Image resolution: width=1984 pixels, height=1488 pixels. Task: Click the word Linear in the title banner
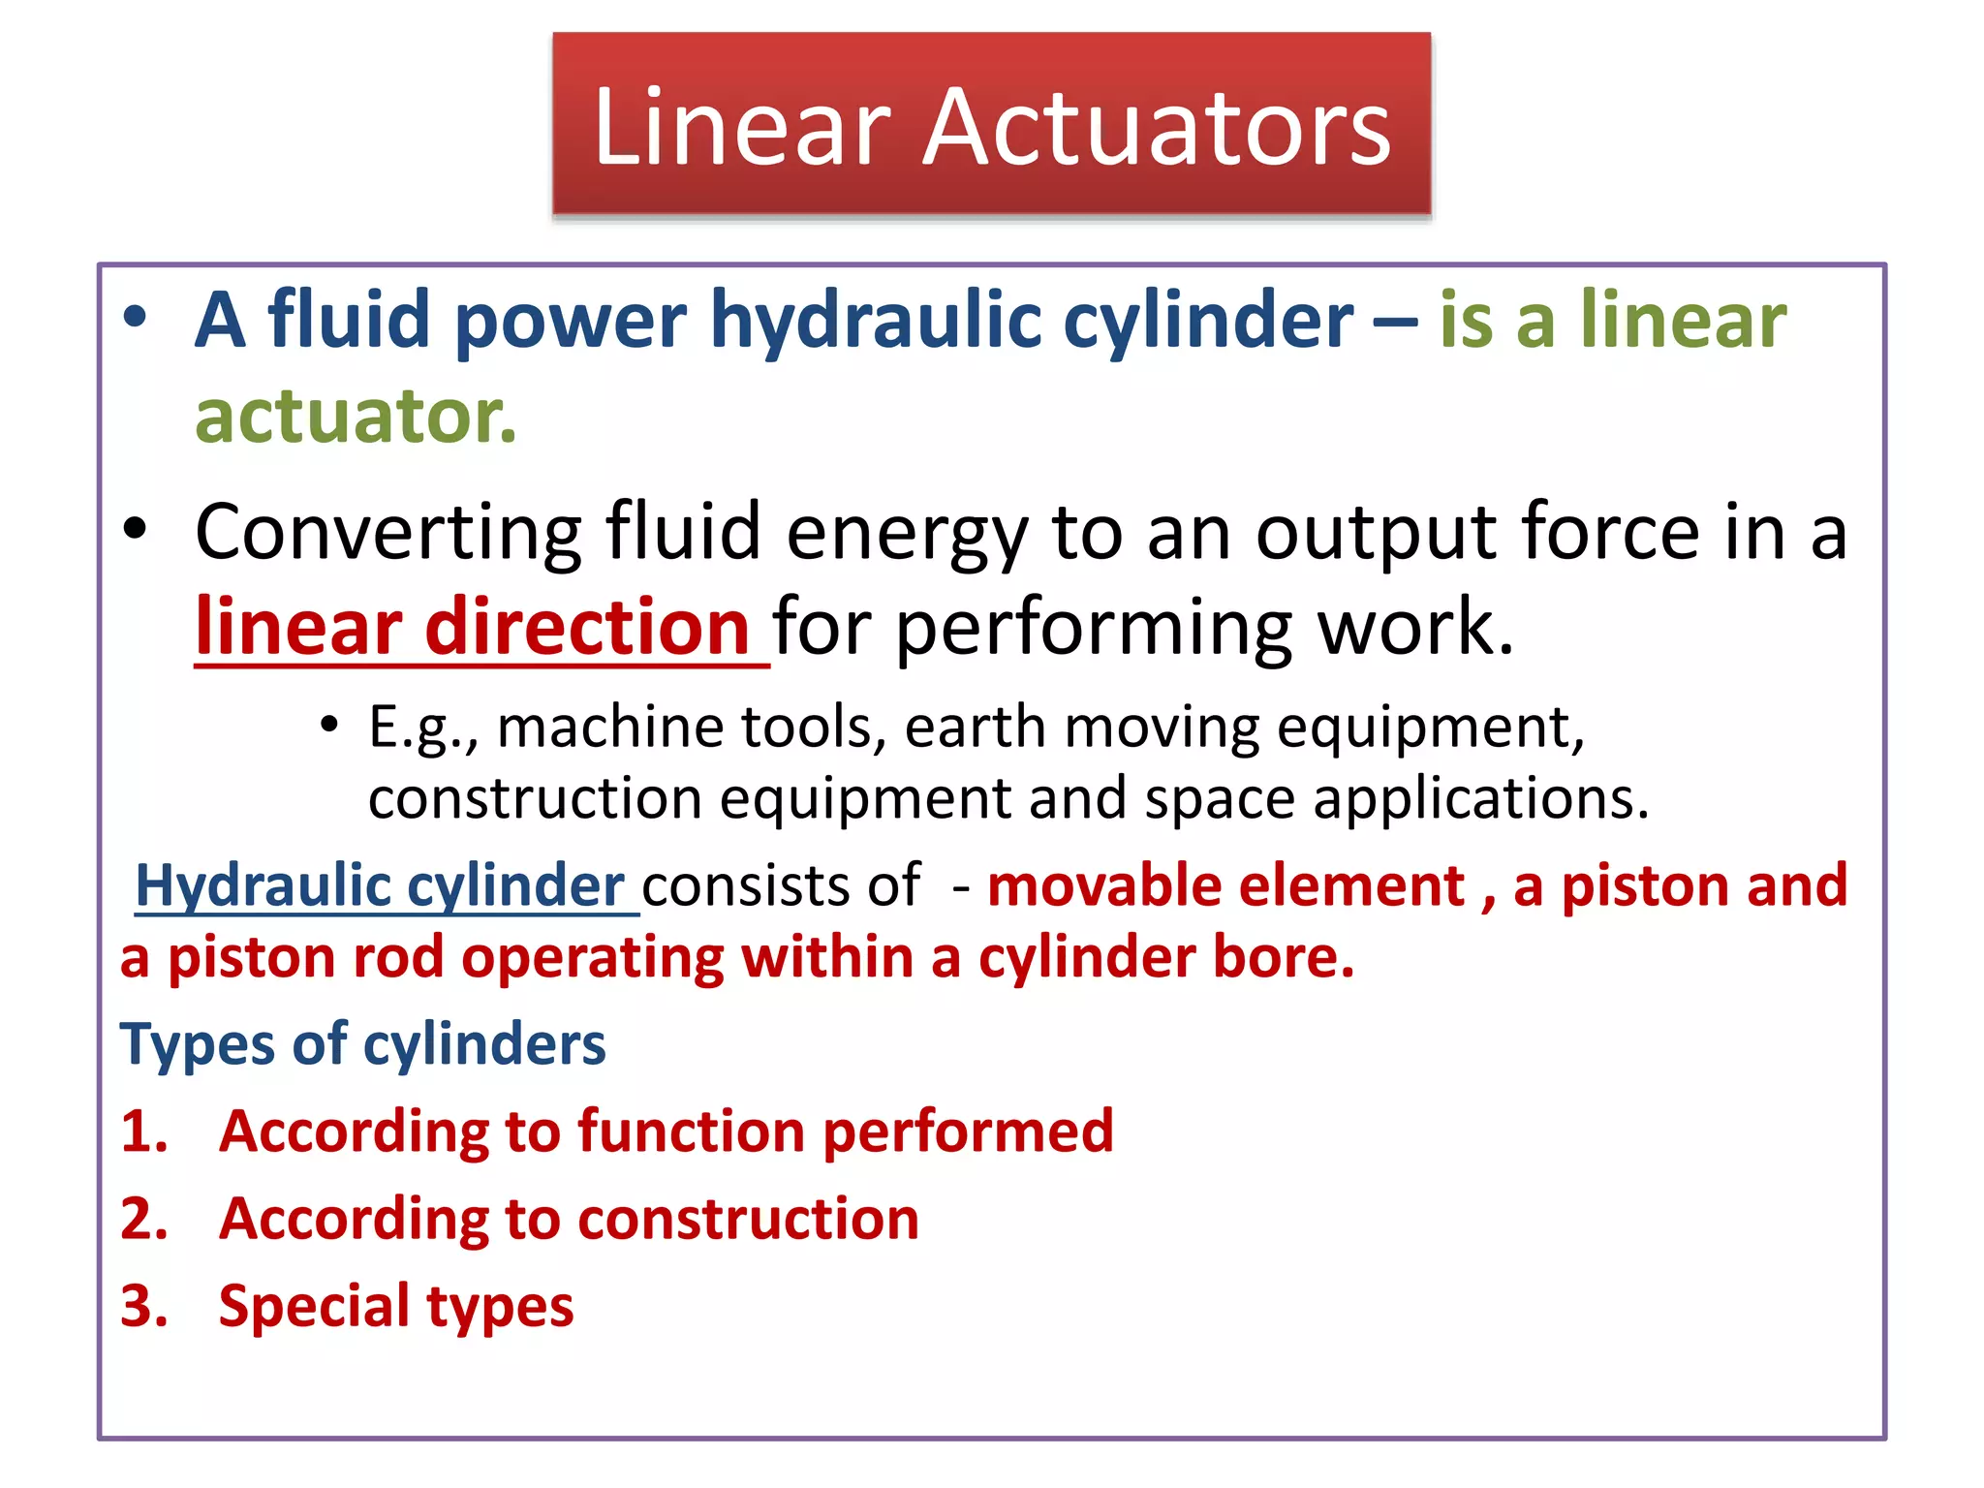[x=741, y=127]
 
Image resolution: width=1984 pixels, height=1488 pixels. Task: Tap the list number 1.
[x=143, y=1131]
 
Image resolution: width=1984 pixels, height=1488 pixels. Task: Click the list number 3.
[x=143, y=1306]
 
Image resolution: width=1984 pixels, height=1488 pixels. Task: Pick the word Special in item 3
[x=311, y=1306]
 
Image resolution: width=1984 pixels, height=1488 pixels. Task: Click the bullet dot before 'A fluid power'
[x=136, y=317]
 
